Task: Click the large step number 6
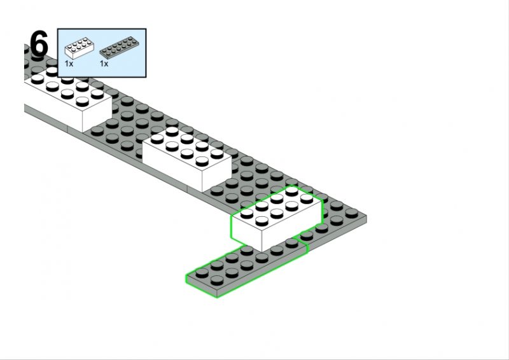click(x=39, y=44)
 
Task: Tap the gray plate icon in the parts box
click(x=119, y=48)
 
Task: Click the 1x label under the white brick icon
click(x=69, y=64)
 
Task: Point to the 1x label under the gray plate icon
click(x=104, y=64)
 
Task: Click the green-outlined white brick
click(x=276, y=218)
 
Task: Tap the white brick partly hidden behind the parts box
click(x=68, y=97)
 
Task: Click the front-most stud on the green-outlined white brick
click(x=261, y=221)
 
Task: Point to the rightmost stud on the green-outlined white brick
click(x=307, y=198)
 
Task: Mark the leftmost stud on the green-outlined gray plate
click(x=202, y=273)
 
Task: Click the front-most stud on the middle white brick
click(x=202, y=161)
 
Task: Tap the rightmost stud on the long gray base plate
click(x=352, y=212)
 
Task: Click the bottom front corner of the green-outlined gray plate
click(x=217, y=296)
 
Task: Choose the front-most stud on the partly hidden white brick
click(x=83, y=102)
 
